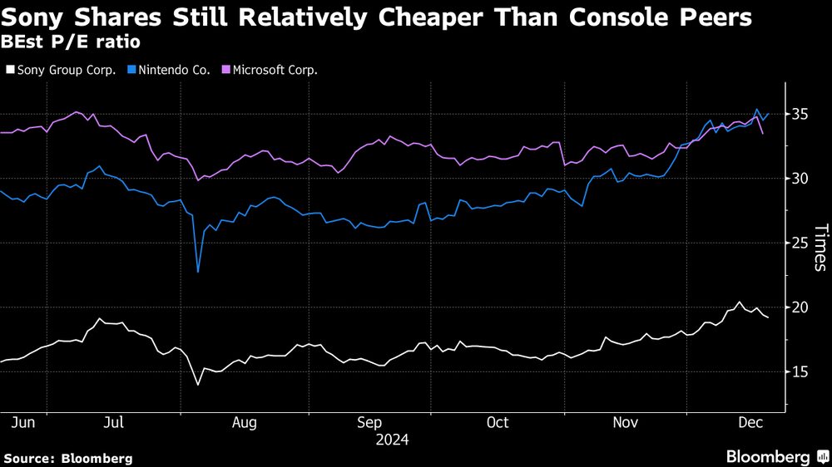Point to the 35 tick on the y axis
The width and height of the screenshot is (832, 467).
(800, 114)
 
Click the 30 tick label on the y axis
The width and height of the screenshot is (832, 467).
(800, 179)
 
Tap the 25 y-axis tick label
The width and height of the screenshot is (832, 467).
(800, 243)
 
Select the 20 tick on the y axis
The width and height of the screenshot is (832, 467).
(800, 307)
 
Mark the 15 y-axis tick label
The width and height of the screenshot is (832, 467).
(800, 371)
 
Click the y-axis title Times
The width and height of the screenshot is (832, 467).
(820, 248)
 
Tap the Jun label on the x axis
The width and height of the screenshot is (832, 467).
(24, 423)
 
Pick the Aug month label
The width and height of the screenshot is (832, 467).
(244, 423)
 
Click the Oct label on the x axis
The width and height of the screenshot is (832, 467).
(497, 423)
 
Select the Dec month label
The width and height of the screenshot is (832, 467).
(752, 423)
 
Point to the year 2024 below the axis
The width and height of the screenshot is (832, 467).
(393, 439)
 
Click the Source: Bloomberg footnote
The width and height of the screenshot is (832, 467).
(68, 458)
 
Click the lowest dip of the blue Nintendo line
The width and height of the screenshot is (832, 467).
(198, 271)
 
